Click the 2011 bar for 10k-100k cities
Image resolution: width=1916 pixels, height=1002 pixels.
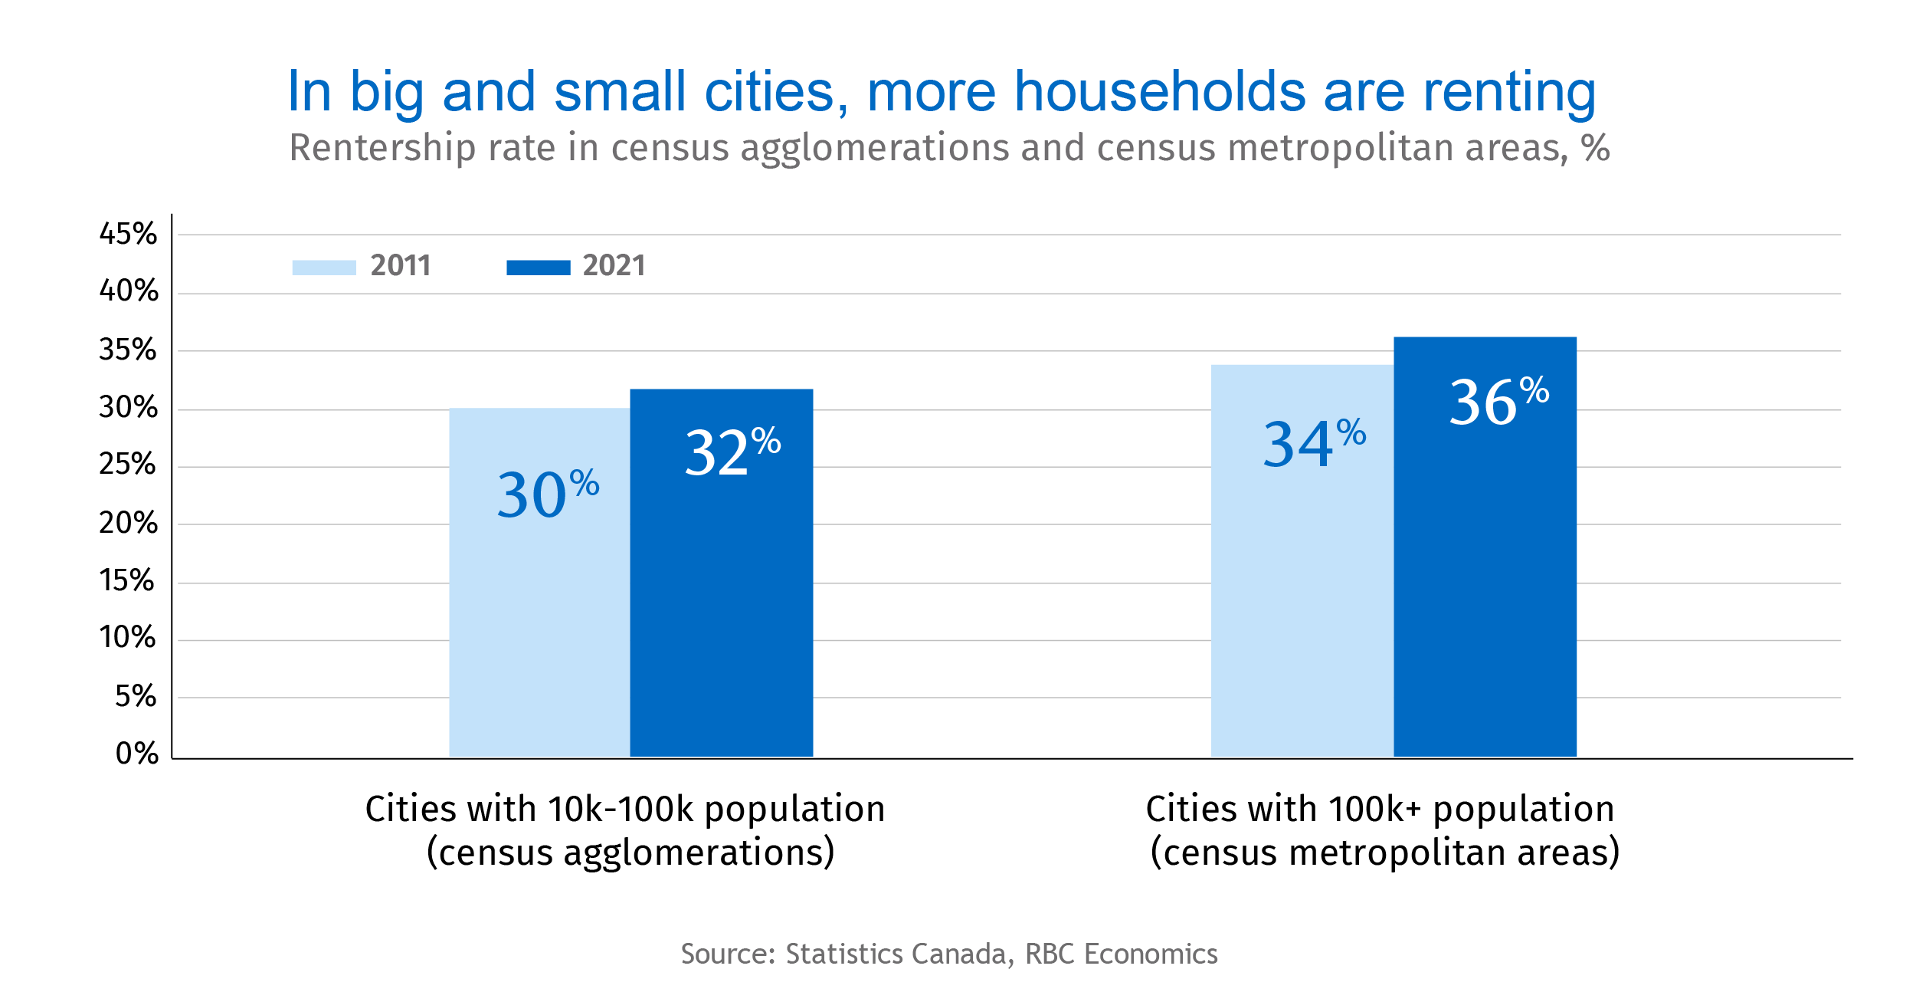(x=539, y=613)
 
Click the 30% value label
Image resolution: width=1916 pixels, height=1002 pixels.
(x=547, y=494)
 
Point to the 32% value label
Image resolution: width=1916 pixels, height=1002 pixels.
(x=732, y=452)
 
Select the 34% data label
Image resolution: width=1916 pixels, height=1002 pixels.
(x=1313, y=443)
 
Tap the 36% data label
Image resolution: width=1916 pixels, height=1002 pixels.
(x=1498, y=401)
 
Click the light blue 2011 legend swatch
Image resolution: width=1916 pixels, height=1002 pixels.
(x=324, y=267)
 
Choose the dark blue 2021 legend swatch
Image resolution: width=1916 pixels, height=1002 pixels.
(x=538, y=267)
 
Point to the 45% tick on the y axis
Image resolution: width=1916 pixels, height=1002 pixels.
(x=128, y=234)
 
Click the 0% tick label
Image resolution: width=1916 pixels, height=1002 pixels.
(x=137, y=754)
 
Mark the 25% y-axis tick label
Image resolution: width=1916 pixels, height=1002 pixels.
(x=127, y=464)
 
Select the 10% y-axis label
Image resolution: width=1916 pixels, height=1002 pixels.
(x=127, y=637)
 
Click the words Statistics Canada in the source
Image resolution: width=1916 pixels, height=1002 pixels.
(x=896, y=954)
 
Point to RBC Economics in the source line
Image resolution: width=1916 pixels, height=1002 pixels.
(x=1121, y=954)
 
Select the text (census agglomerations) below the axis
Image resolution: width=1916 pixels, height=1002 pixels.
(x=630, y=853)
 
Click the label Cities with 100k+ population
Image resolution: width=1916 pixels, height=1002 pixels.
(x=1380, y=809)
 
